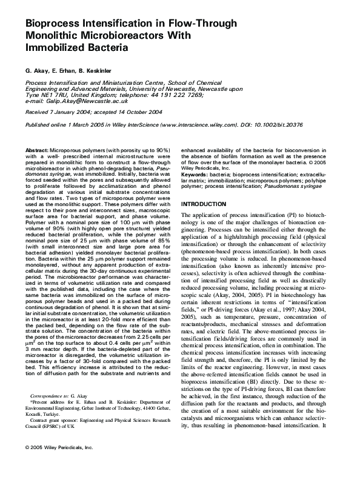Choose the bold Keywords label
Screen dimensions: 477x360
coord(196,175)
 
